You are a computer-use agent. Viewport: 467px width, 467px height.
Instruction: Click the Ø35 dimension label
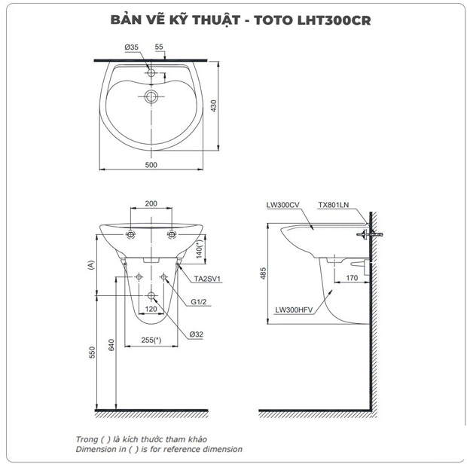coord(133,47)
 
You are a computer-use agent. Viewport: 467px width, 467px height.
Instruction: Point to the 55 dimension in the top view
coord(160,47)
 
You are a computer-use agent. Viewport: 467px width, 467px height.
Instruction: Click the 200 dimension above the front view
coord(151,204)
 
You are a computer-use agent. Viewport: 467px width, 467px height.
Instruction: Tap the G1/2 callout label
coord(199,302)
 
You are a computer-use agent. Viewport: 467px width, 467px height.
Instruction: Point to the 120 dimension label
coord(151,310)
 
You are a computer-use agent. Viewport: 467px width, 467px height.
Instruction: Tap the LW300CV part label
coord(282,204)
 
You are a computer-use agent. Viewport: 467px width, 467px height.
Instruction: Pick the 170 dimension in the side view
coord(351,279)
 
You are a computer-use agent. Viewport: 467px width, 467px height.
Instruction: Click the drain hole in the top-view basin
coord(151,96)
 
